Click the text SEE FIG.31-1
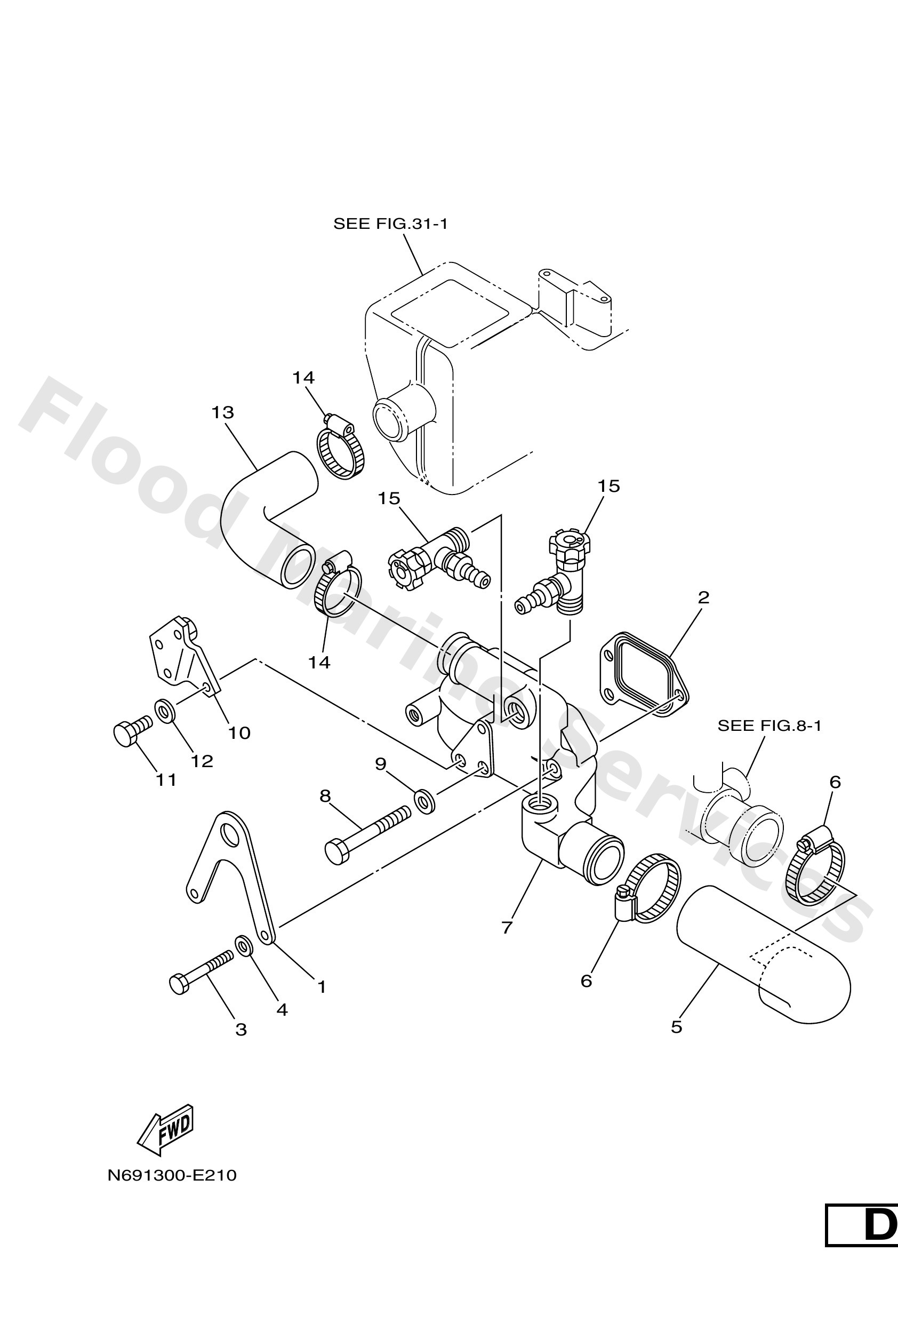coord(390,224)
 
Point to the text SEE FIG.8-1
coord(769,726)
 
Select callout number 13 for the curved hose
coord(222,412)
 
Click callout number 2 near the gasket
coord(703,597)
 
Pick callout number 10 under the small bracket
coord(239,732)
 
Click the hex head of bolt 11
coord(125,734)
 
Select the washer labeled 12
coord(164,711)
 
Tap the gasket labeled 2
coord(643,672)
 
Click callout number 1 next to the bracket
coord(322,986)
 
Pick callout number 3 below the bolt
coord(240,1029)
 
